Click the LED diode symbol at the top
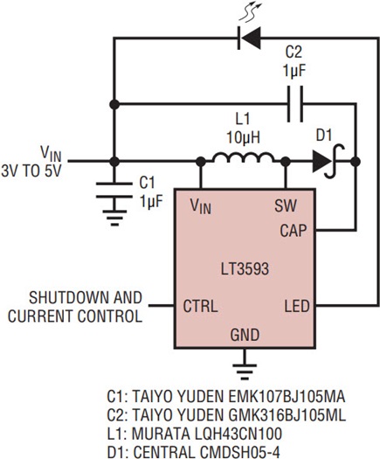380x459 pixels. click(x=249, y=38)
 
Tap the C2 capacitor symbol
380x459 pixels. click(x=295, y=104)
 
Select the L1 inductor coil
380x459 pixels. click(x=243, y=157)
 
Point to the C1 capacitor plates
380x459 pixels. click(x=114, y=191)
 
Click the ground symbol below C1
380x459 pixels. click(x=114, y=218)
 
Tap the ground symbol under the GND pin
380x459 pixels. click(x=245, y=372)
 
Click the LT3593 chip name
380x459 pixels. click(x=245, y=268)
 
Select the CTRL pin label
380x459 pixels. click(x=200, y=306)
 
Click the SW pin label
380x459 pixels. click(x=286, y=205)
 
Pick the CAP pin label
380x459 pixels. click(x=294, y=231)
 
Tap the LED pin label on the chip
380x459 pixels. click(x=297, y=306)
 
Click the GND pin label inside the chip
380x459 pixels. click(x=245, y=335)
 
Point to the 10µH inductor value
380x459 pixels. click(x=244, y=137)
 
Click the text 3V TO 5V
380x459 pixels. click(x=31, y=171)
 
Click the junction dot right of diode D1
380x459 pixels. click(x=356, y=161)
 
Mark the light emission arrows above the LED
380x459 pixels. click(x=251, y=11)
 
